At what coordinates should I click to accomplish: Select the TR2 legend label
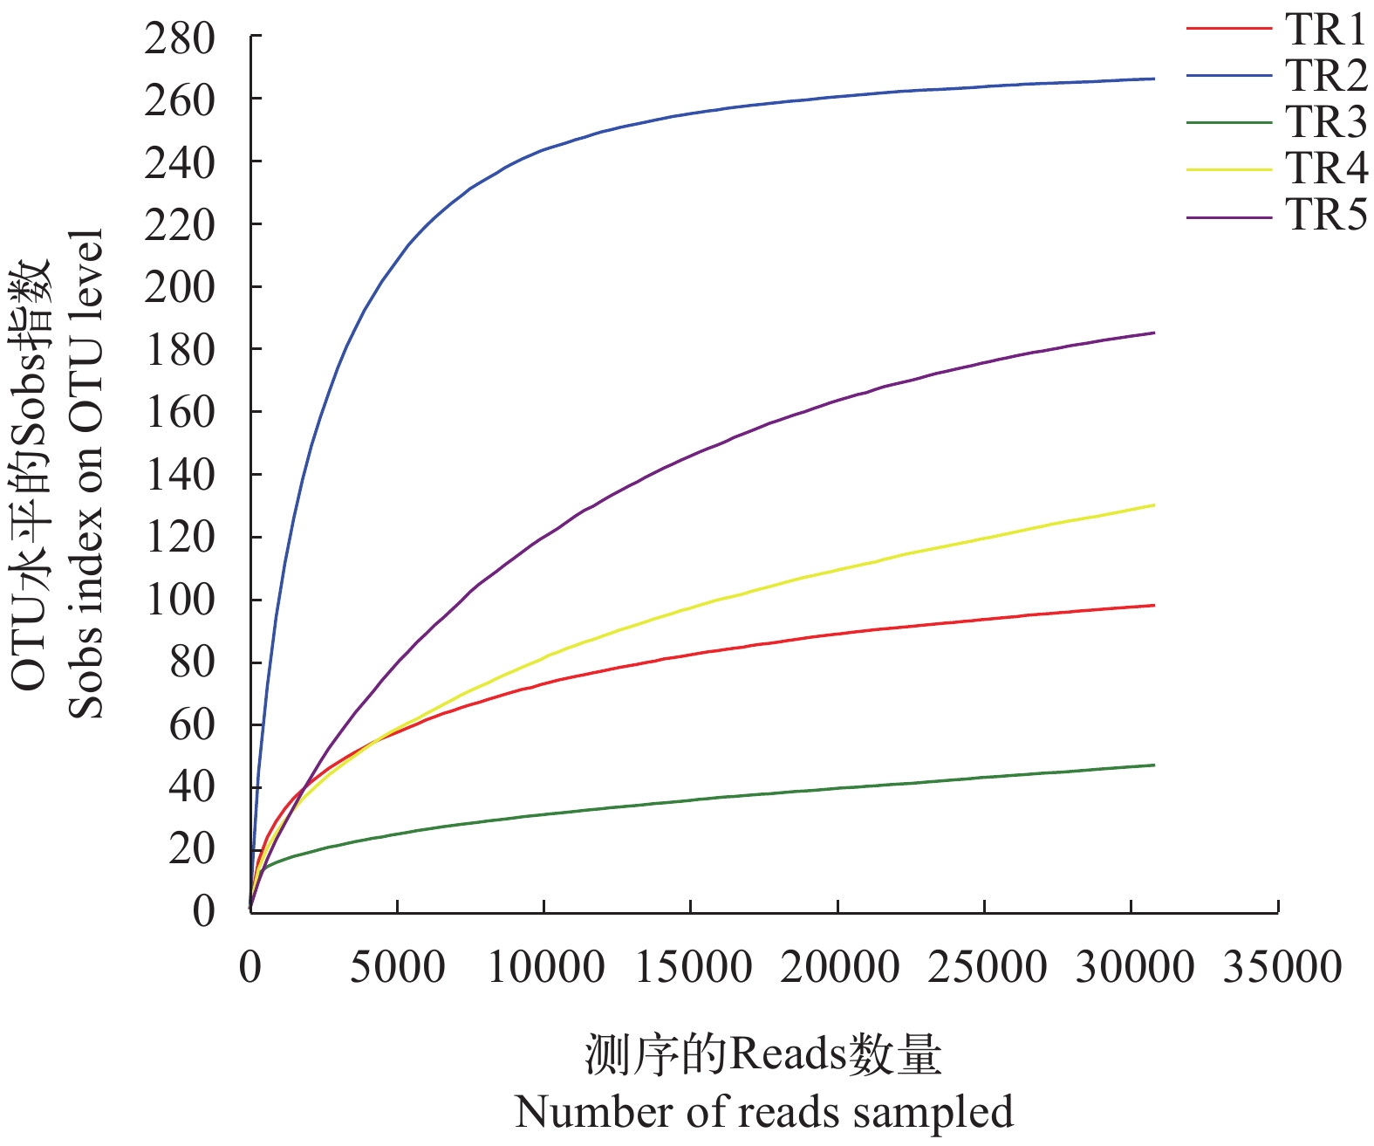coord(1325,76)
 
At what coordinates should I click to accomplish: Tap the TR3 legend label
coord(1325,122)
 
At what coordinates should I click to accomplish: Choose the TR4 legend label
coord(1325,168)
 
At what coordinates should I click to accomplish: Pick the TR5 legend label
coord(1325,215)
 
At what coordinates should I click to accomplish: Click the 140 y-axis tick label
coord(180,475)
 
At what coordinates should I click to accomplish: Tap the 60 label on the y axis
coord(192,724)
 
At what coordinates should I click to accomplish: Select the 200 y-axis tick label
coord(180,287)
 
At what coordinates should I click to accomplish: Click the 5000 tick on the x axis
coord(397,967)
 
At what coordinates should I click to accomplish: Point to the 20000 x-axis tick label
coord(838,967)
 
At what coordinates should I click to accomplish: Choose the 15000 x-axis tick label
coord(692,967)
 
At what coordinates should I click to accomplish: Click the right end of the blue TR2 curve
coord(1154,79)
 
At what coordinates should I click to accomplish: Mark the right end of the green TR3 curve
coord(1154,765)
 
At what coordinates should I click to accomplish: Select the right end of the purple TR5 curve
coord(1154,333)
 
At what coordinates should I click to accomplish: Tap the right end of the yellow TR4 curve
coord(1154,505)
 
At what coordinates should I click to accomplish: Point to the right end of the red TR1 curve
coord(1154,606)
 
